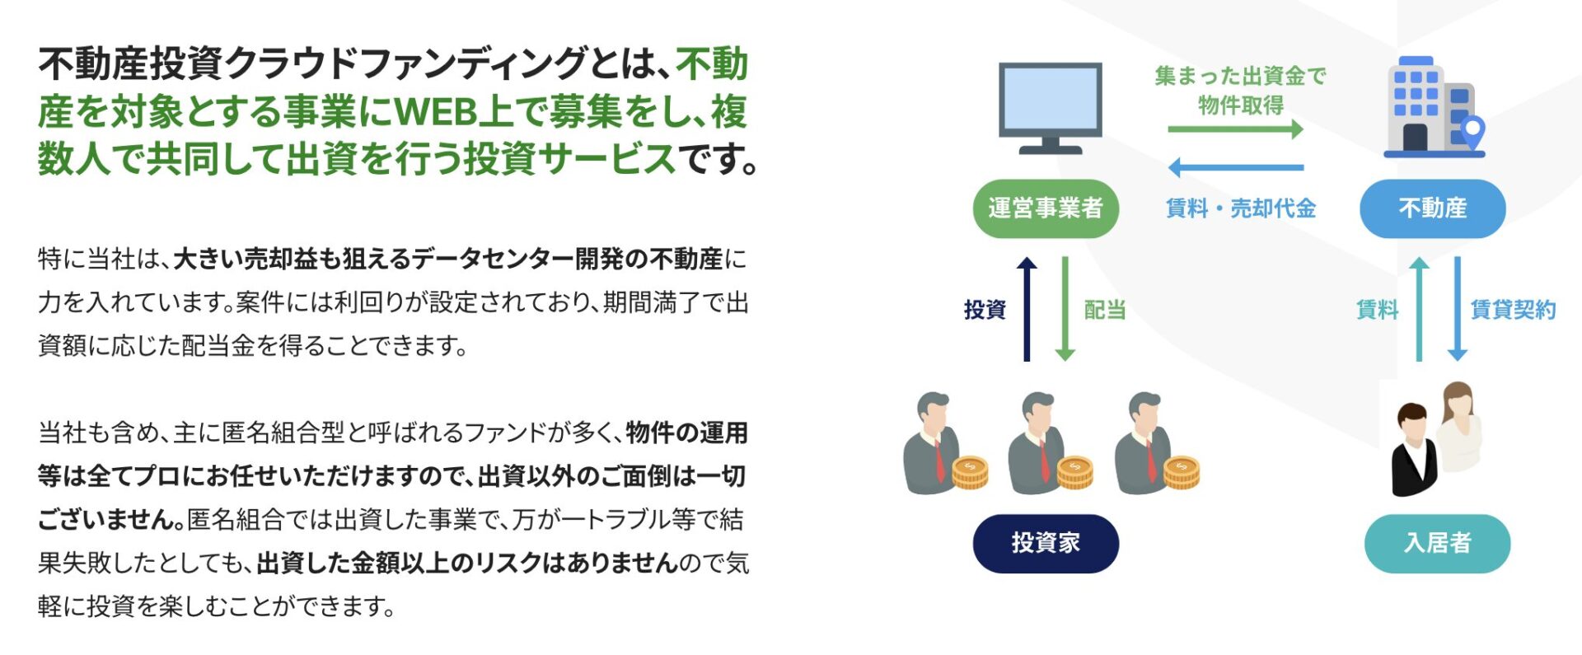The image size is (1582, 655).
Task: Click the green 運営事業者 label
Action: click(1045, 208)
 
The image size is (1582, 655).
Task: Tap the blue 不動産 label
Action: click(1432, 208)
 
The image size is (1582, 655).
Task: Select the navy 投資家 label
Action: click(1045, 543)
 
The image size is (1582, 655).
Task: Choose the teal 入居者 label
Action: click(1437, 543)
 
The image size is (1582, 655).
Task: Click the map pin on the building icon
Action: click(1472, 130)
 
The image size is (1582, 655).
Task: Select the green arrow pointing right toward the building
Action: click(1235, 129)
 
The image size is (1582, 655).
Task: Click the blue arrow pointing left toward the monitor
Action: click(1235, 168)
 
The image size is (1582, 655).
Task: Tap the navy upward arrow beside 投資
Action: click(1027, 308)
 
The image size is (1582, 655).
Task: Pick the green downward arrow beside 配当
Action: click(1065, 308)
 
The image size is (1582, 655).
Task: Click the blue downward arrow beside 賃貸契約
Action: click(1458, 308)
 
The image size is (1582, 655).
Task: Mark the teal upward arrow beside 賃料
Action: click(1419, 308)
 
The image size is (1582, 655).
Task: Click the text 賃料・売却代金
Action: click(1240, 208)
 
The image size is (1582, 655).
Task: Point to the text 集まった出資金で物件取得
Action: click(1240, 90)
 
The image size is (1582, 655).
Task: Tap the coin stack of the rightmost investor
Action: click(1182, 473)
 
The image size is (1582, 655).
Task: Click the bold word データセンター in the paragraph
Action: click(492, 260)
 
